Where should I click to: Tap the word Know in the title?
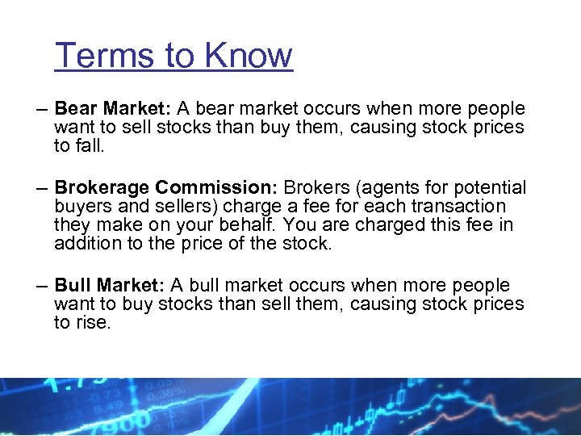(249, 56)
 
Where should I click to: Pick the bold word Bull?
(73, 285)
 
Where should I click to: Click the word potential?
(490, 188)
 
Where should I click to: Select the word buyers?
(81, 207)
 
